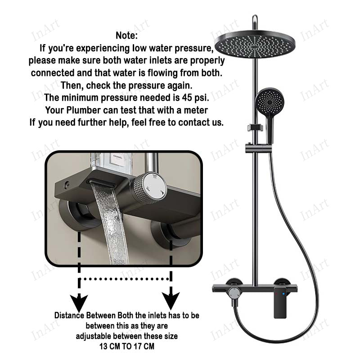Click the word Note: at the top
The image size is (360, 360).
tap(126, 36)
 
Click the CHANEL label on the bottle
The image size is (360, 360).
tap(118, 157)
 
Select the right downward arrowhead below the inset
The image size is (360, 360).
tap(171, 301)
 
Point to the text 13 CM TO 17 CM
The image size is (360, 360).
tap(127, 346)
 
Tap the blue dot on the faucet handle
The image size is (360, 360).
tap(283, 294)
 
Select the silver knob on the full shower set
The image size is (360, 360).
tap(234, 294)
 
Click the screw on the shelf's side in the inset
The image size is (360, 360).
tap(67, 184)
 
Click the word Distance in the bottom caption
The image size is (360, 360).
tap(69, 315)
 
